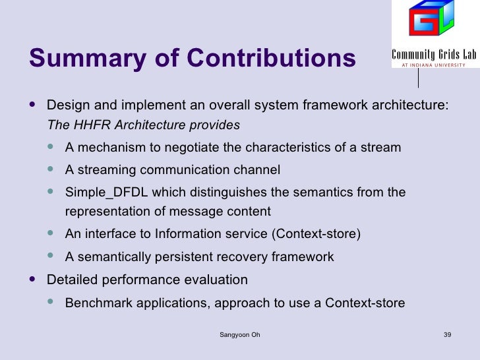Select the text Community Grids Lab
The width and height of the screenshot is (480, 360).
pyautogui.click(x=433, y=55)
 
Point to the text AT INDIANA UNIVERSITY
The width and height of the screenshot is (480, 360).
pyautogui.click(x=433, y=65)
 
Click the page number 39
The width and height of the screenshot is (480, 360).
pyautogui.click(x=447, y=335)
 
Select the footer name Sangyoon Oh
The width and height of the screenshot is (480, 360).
pyautogui.click(x=239, y=335)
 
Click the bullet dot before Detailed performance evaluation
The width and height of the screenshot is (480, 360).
pyautogui.click(x=34, y=279)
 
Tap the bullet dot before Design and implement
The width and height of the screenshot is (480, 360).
pyautogui.click(x=34, y=104)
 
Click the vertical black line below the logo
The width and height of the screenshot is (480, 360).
pyautogui.click(x=418, y=78)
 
